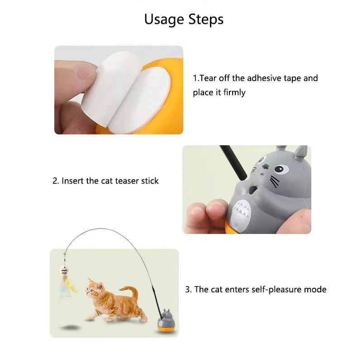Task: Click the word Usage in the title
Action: (164, 19)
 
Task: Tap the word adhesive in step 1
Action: (262, 78)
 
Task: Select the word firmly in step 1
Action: (234, 92)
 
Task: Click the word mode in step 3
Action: (315, 289)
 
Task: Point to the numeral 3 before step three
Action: (187, 290)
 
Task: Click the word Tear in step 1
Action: (208, 78)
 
